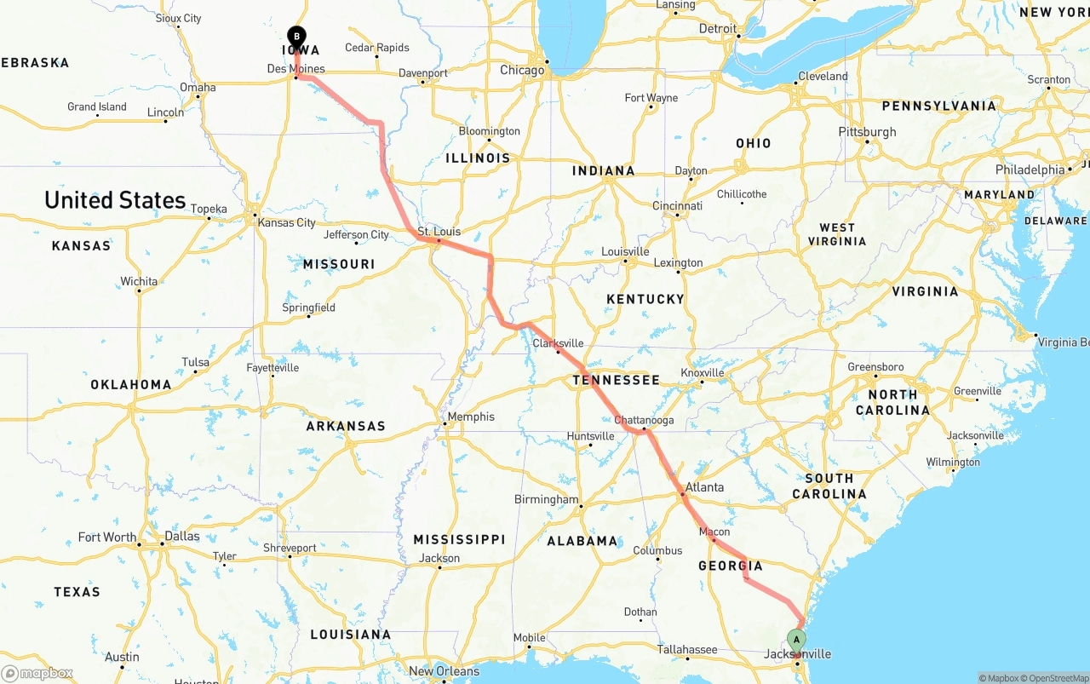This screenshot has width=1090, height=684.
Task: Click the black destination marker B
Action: click(296, 37)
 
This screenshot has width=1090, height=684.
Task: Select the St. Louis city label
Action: click(439, 232)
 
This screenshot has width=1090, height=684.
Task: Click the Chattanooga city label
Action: click(644, 421)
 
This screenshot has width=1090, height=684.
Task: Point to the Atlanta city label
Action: click(704, 487)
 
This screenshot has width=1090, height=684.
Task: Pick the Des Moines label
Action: click(295, 69)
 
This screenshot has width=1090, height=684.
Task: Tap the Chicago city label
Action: click(522, 70)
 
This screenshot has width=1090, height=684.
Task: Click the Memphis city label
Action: click(471, 417)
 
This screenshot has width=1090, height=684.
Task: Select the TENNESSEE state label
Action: click(616, 380)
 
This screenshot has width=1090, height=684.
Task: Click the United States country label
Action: click(115, 200)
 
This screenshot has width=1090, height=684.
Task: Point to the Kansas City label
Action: click(286, 223)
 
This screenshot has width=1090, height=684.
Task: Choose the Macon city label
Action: click(714, 532)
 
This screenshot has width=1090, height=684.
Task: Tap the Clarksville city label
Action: click(558, 343)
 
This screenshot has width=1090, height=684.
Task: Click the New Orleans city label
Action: click(444, 671)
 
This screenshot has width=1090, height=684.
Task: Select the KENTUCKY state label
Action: click(645, 299)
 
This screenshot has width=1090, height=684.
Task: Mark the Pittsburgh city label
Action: click(867, 132)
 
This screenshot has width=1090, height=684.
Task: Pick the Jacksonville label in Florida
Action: click(798, 654)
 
